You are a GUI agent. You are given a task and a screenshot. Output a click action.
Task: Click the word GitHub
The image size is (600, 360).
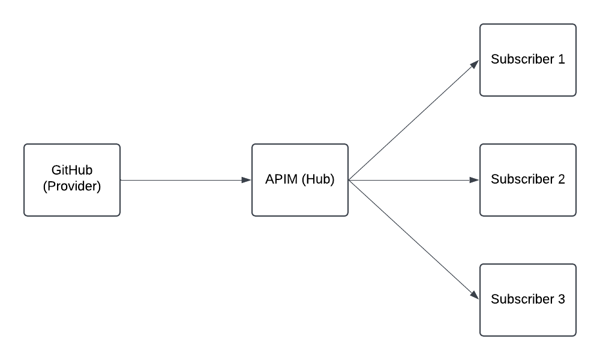(x=72, y=171)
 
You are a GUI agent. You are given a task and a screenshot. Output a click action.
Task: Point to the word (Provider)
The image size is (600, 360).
(x=72, y=187)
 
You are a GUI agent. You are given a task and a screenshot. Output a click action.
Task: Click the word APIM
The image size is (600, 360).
(x=281, y=179)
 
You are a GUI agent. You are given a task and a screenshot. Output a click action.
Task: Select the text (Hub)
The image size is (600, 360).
(x=318, y=179)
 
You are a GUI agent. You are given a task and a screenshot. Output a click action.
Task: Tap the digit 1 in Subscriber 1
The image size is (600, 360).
(x=562, y=59)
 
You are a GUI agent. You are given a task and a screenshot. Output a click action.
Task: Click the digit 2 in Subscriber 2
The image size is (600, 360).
(x=562, y=179)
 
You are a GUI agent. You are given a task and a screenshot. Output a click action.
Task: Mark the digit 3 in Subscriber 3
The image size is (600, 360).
(x=562, y=299)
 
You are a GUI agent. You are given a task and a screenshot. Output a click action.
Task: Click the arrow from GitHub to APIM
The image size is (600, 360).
(x=180, y=180)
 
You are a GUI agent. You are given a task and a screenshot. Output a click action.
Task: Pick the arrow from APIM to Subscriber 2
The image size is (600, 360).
(x=414, y=180)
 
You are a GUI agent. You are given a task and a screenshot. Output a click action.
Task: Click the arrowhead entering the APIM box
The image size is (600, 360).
(x=247, y=180)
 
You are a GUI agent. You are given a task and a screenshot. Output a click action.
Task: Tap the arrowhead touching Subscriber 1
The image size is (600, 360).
(x=475, y=64)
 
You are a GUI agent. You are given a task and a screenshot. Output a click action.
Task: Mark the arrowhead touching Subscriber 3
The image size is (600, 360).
(x=475, y=296)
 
